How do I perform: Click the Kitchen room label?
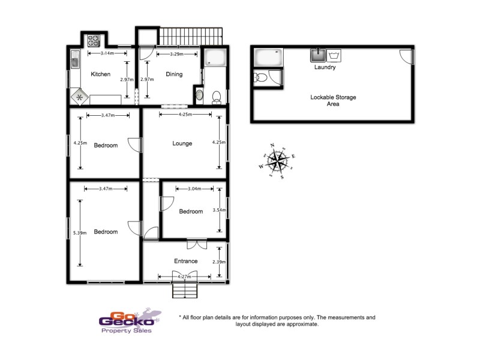tap(100, 74)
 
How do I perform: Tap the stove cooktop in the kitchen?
tap(94, 41)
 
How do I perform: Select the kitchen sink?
tap(75, 59)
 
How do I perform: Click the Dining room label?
tap(174, 74)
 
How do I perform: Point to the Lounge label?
tap(182, 143)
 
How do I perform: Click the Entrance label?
tap(185, 261)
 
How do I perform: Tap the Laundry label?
tap(325, 68)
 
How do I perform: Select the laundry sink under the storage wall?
tap(317, 56)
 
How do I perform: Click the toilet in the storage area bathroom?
tap(260, 77)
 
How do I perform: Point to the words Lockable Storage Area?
tap(325, 100)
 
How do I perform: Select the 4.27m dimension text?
tap(185, 277)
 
